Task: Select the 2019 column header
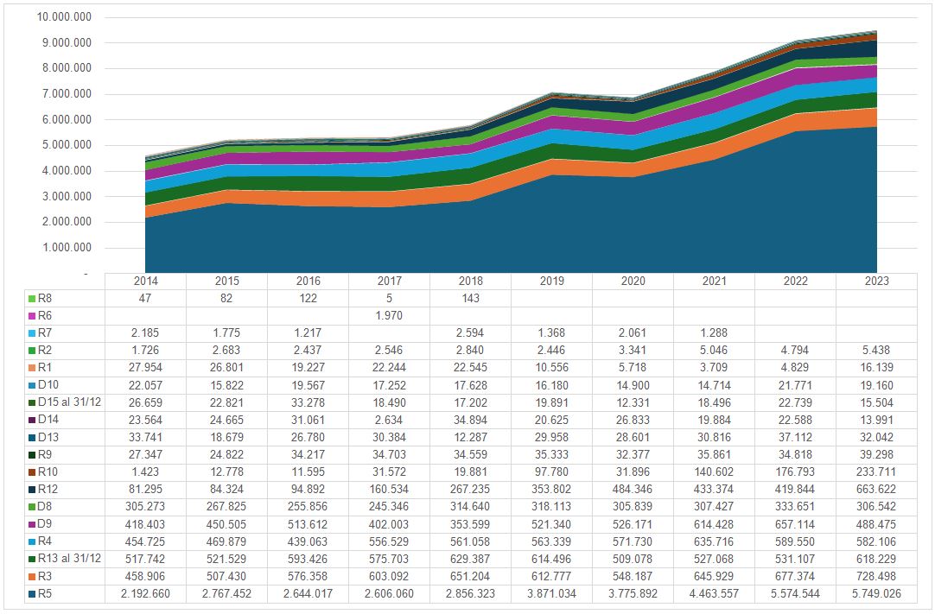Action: pyautogui.click(x=551, y=282)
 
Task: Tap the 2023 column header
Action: pyautogui.click(x=875, y=282)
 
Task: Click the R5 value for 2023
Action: pyautogui.click(x=875, y=594)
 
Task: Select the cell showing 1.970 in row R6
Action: pyautogui.click(x=390, y=316)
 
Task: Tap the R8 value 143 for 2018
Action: pyautogui.click(x=471, y=299)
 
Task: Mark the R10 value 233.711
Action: pyautogui.click(x=875, y=472)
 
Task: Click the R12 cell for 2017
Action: pyautogui.click(x=390, y=490)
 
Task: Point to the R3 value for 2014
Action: pyautogui.click(x=146, y=577)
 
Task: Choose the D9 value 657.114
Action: pyautogui.click(x=795, y=525)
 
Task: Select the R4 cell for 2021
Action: pyautogui.click(x=714, y=542)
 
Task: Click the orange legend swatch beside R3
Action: pyautogui.click(x=31, y=577)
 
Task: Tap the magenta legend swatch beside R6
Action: pyautogui.click(x=31, y=316)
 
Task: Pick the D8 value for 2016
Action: pyautogui.click(x=308, y=507)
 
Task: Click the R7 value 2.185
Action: pyautogui.click(x=146, y=333)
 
